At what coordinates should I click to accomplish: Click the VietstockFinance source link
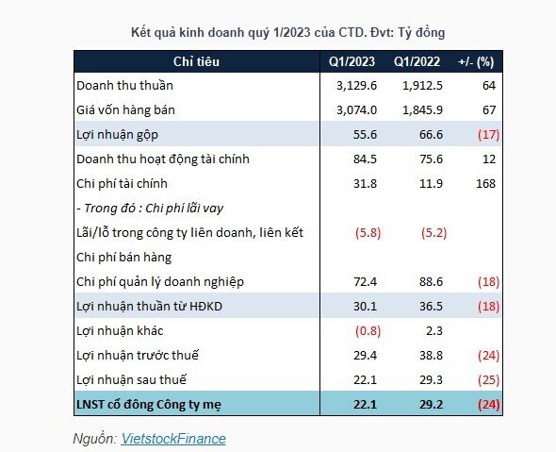point(173,438)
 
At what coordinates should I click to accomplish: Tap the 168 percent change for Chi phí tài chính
point(485,184)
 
